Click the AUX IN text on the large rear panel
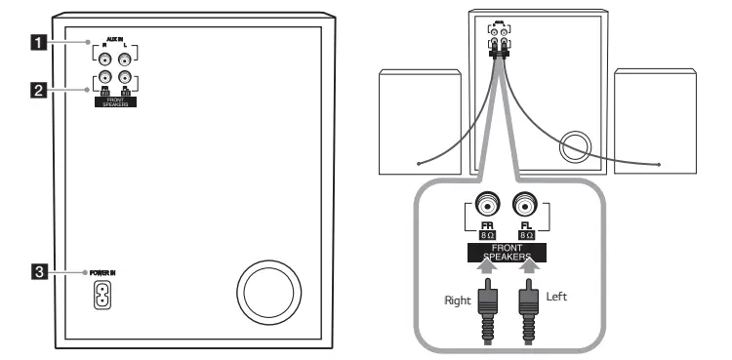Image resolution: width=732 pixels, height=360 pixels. (115, 42)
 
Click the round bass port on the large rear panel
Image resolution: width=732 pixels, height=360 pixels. (265, 294)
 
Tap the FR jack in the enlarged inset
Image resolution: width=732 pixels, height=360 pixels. (486, 206)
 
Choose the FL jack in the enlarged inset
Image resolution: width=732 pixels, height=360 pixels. (524, 206)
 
